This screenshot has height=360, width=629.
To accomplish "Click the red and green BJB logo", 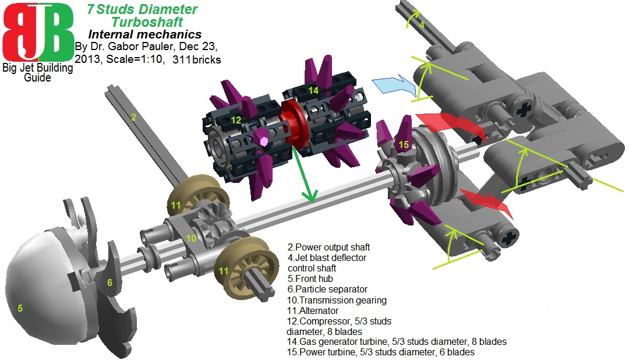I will [x=38, y=32].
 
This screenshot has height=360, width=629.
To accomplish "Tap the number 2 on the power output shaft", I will [x=133, y=118].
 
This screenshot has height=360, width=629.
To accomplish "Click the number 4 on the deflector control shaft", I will [x=422, y=24].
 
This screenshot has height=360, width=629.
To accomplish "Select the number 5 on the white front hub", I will [x=20, y=308].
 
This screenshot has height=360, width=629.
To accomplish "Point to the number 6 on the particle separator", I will [x=109, y=283].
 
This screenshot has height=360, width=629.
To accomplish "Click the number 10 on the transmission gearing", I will [x=192, y=238].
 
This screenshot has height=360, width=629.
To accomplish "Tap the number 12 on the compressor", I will [x=236, y=119].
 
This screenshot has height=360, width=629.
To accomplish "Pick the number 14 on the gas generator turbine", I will [x=313, y=90].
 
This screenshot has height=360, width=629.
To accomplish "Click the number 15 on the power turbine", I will [x=404, y=144].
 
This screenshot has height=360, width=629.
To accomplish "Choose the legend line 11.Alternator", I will [x=313, y=311].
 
